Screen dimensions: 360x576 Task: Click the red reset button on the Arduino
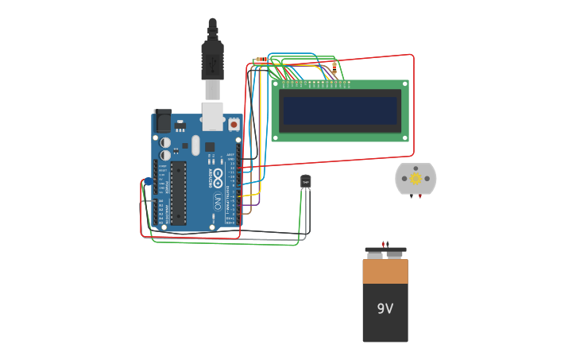234,124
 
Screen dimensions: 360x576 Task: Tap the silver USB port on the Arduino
212,116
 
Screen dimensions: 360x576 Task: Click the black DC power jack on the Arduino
163,121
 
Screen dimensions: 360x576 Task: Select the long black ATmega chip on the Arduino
178,193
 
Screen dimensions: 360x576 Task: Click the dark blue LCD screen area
340,111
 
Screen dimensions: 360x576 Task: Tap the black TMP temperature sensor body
305,181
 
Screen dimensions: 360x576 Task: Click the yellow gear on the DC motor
416,179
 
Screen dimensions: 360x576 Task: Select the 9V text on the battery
385,308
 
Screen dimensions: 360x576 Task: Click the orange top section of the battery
385,271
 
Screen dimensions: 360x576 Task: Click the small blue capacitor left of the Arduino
148,182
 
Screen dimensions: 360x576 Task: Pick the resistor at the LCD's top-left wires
261,60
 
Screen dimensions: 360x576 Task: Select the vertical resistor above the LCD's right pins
334,67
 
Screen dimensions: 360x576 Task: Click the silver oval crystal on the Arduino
195,145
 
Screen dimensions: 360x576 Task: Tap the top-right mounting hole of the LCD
405,83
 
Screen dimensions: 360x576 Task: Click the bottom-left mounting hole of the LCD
275,137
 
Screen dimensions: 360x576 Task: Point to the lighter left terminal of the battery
374,255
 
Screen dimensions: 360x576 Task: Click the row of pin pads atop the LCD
315,83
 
